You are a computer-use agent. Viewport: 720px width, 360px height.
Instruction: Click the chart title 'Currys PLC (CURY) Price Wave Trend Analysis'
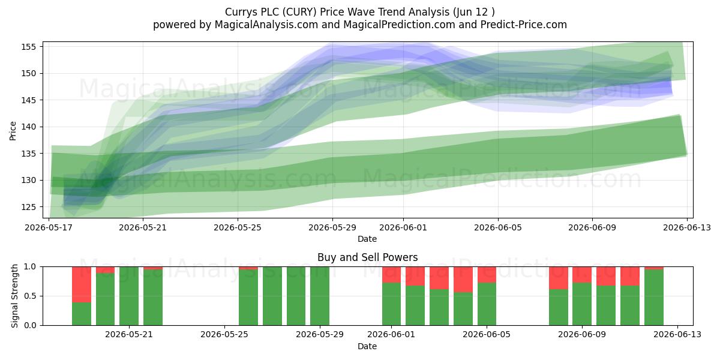pyautogui.click(x=337, y=12)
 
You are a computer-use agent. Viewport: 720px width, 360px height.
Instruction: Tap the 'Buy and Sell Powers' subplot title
pyautogui.click(x=367, y=257)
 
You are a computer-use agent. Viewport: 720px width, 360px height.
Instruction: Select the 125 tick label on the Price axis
pyautogui.click(x=29, y=207)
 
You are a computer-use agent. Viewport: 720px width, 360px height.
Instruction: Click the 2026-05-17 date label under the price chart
pyautogui.click(x=49, y=227)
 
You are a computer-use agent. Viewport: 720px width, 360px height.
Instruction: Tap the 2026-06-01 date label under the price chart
pyautogui.click(x=403, y=227)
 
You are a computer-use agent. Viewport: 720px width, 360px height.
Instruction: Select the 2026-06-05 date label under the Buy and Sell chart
pyautogui.click(x=487, y=335)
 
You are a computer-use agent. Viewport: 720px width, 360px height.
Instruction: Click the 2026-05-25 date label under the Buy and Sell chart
pyautogui.click(x=224, y=335)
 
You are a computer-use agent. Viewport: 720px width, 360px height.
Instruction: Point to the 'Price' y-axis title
pyautogui.click(x=13, y=131)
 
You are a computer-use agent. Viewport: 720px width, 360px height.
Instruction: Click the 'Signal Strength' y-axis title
pyautogui.click(x=14, y=296)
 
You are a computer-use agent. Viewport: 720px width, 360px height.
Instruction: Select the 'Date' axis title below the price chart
pyautogui.click(x=367, y=239)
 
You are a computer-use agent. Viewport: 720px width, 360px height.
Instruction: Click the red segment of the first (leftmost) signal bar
pyautogui.click(x=82, y=284)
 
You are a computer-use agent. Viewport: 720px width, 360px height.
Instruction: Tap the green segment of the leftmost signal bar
pyautogui.click(x=82, y=314)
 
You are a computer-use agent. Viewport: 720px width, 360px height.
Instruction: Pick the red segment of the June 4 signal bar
pyautogui.click(x=463, y=280)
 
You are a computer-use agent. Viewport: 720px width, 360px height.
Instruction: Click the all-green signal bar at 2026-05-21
pyautogui.click(x=129, y=296)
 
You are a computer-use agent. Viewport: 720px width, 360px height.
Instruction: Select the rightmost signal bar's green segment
pyautogui.click(x=654, y=298)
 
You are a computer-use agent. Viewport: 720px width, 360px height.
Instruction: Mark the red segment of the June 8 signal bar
pyautogui.click(x=559, y=278)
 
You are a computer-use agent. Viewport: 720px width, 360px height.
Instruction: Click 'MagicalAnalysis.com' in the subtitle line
pyautogui.click(x=266, y=25)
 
